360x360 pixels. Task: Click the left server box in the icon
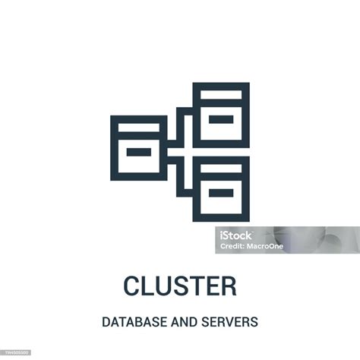(x=138, y=148)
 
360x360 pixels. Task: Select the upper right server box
(x=221, y=115)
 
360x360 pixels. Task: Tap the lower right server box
(x=221, y=188)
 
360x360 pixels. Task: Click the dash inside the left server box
(x=138, y=153)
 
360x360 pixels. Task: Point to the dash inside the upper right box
(x=221, y=119)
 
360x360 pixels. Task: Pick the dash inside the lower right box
(x=221, y=193)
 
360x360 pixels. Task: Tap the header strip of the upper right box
(x=221, y=94)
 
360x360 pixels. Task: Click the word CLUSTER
(x=179, y=286)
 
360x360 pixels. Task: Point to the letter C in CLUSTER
(x=132, y=286)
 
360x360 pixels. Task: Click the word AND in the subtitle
(x=182, y=322)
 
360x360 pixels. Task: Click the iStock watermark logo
(x=237, y=235)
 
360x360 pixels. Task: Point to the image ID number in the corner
(x=14, y=354)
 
